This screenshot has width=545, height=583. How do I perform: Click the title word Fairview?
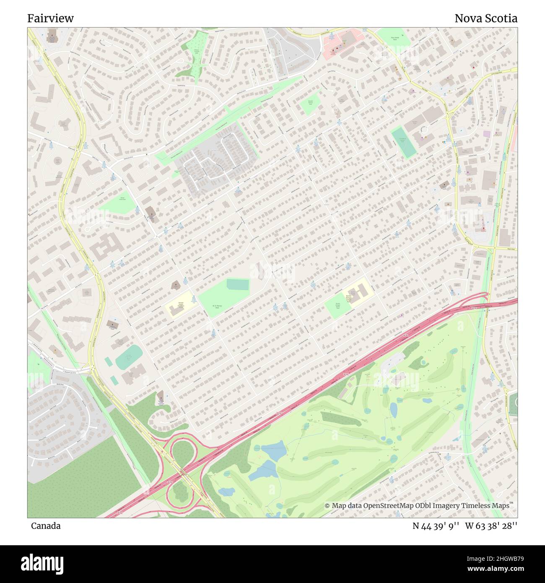click(x=51, y=18)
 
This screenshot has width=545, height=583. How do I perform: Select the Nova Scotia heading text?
click(x=486, y=18)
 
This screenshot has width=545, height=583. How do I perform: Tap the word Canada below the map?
click(x=46, y=526)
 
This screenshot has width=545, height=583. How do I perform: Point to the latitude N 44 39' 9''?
click(x=436, y=526)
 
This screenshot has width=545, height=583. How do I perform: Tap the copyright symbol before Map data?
click(x=327, y=506)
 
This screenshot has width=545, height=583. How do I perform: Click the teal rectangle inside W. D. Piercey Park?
click(x=238, y=284)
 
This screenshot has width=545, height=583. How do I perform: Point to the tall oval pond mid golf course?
click(x=394, y=409)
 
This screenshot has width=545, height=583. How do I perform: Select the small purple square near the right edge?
click(x=486, y=134)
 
